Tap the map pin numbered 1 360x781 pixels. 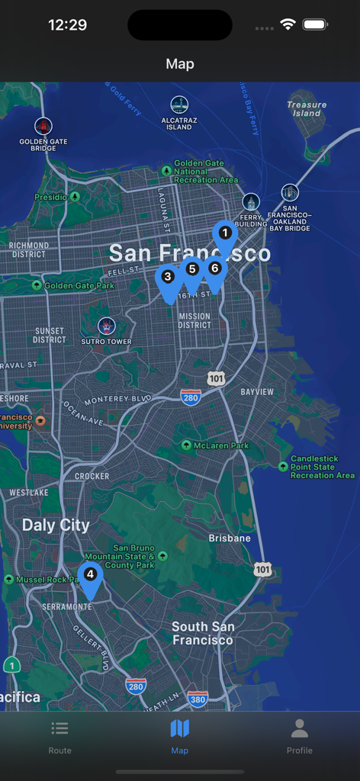224,232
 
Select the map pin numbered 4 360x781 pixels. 90,575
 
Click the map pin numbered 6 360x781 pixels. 214,269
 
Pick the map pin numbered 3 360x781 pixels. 168,278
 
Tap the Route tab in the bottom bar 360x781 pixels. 59,736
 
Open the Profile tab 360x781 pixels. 300,736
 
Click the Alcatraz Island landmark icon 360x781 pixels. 179,105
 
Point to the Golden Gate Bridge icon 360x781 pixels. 43,126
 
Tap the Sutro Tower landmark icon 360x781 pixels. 107,326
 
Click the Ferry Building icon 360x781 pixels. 251,202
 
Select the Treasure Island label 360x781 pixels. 307,108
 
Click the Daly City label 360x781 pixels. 56,525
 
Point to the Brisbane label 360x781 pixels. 230,538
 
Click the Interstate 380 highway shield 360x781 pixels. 198,699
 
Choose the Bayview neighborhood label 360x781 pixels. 257,392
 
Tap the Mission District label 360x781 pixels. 194,320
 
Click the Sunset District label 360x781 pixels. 50,335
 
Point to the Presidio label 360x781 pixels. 51,197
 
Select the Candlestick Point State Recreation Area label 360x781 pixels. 323,467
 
